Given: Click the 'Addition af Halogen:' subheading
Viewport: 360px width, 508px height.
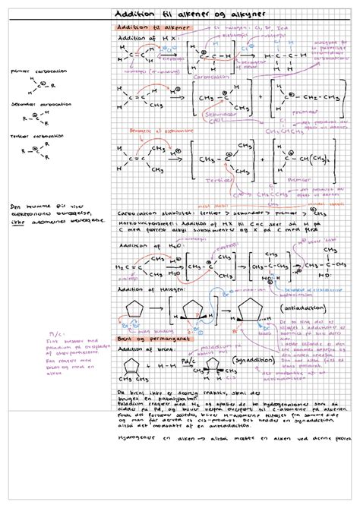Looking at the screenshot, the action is [146, 290].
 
